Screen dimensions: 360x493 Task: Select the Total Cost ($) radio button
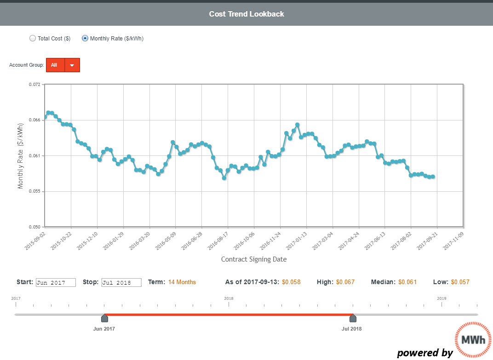33,39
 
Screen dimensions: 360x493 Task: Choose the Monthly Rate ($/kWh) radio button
85,39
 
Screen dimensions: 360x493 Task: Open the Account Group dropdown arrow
72,65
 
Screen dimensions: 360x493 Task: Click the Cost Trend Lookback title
246,14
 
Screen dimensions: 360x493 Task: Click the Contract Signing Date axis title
254,259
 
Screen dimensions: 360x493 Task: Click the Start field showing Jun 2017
56,282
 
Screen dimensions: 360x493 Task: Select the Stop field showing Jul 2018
122,282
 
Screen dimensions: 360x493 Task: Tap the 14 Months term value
182,282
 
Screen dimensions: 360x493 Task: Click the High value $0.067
345,282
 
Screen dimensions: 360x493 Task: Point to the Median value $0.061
407,282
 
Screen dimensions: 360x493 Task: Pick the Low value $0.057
460,282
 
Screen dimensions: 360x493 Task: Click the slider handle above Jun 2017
104,318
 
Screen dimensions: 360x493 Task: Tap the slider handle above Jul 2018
353,318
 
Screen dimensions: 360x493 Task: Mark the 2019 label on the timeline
441,298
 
